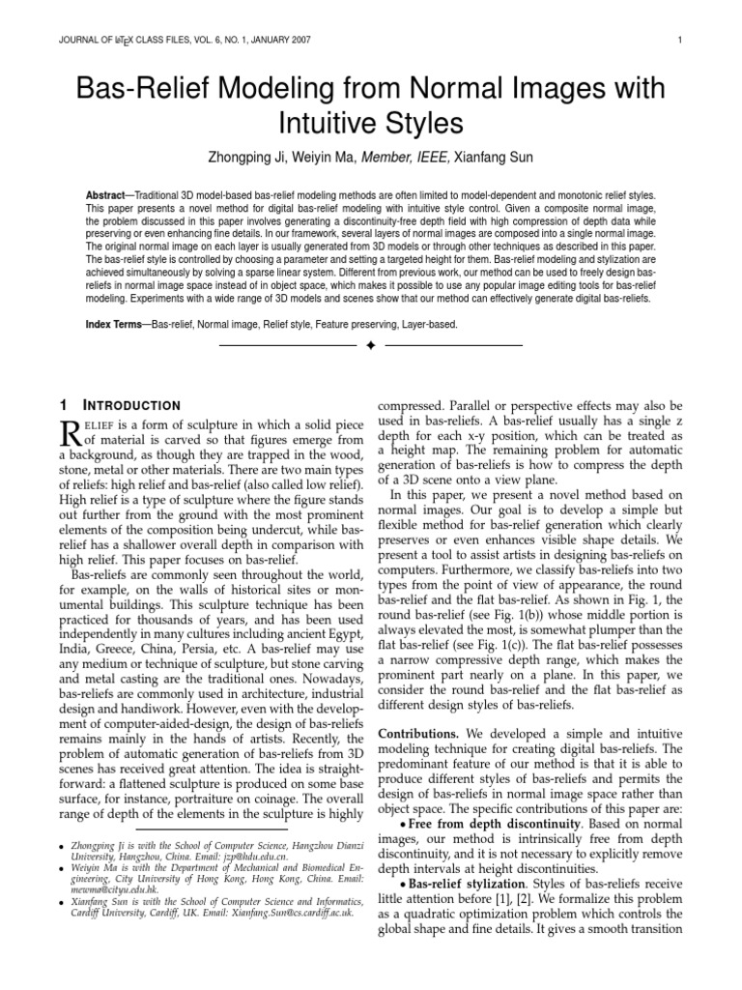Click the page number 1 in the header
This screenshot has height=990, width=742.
pos(681,40)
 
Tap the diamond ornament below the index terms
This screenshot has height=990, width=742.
pos(370,345)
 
